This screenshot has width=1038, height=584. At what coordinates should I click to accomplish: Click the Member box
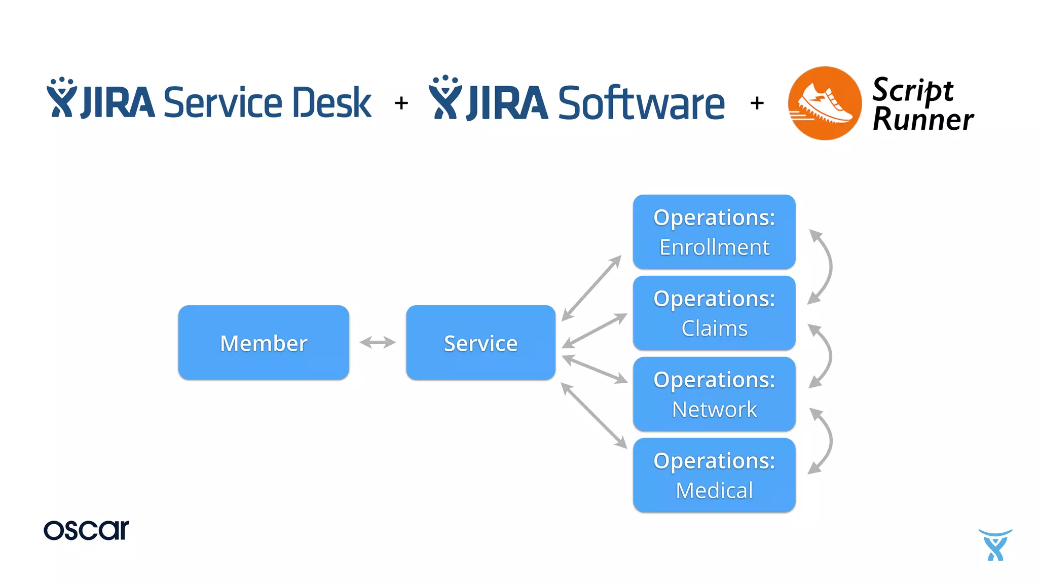264,343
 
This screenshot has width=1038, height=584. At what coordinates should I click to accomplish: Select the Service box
480,343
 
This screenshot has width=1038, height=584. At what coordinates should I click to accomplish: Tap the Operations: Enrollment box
714,232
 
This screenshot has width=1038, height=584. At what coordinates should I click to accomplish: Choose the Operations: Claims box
714,313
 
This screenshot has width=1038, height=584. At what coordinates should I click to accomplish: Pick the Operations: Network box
714,394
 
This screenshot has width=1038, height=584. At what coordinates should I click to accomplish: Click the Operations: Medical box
714,476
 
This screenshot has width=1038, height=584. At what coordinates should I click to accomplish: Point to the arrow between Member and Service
378,343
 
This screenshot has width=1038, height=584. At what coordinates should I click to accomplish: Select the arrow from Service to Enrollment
591,288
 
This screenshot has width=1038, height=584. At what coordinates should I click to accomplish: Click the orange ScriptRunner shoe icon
825,103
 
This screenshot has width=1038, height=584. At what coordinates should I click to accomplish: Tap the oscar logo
86,530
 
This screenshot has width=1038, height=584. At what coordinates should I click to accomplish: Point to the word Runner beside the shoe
923,120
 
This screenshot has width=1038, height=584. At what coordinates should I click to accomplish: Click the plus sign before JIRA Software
401,103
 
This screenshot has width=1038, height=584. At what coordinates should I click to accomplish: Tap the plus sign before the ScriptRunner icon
757,103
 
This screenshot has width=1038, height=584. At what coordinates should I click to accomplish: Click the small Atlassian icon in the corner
995,545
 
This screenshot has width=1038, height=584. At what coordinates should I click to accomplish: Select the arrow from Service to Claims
594,331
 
